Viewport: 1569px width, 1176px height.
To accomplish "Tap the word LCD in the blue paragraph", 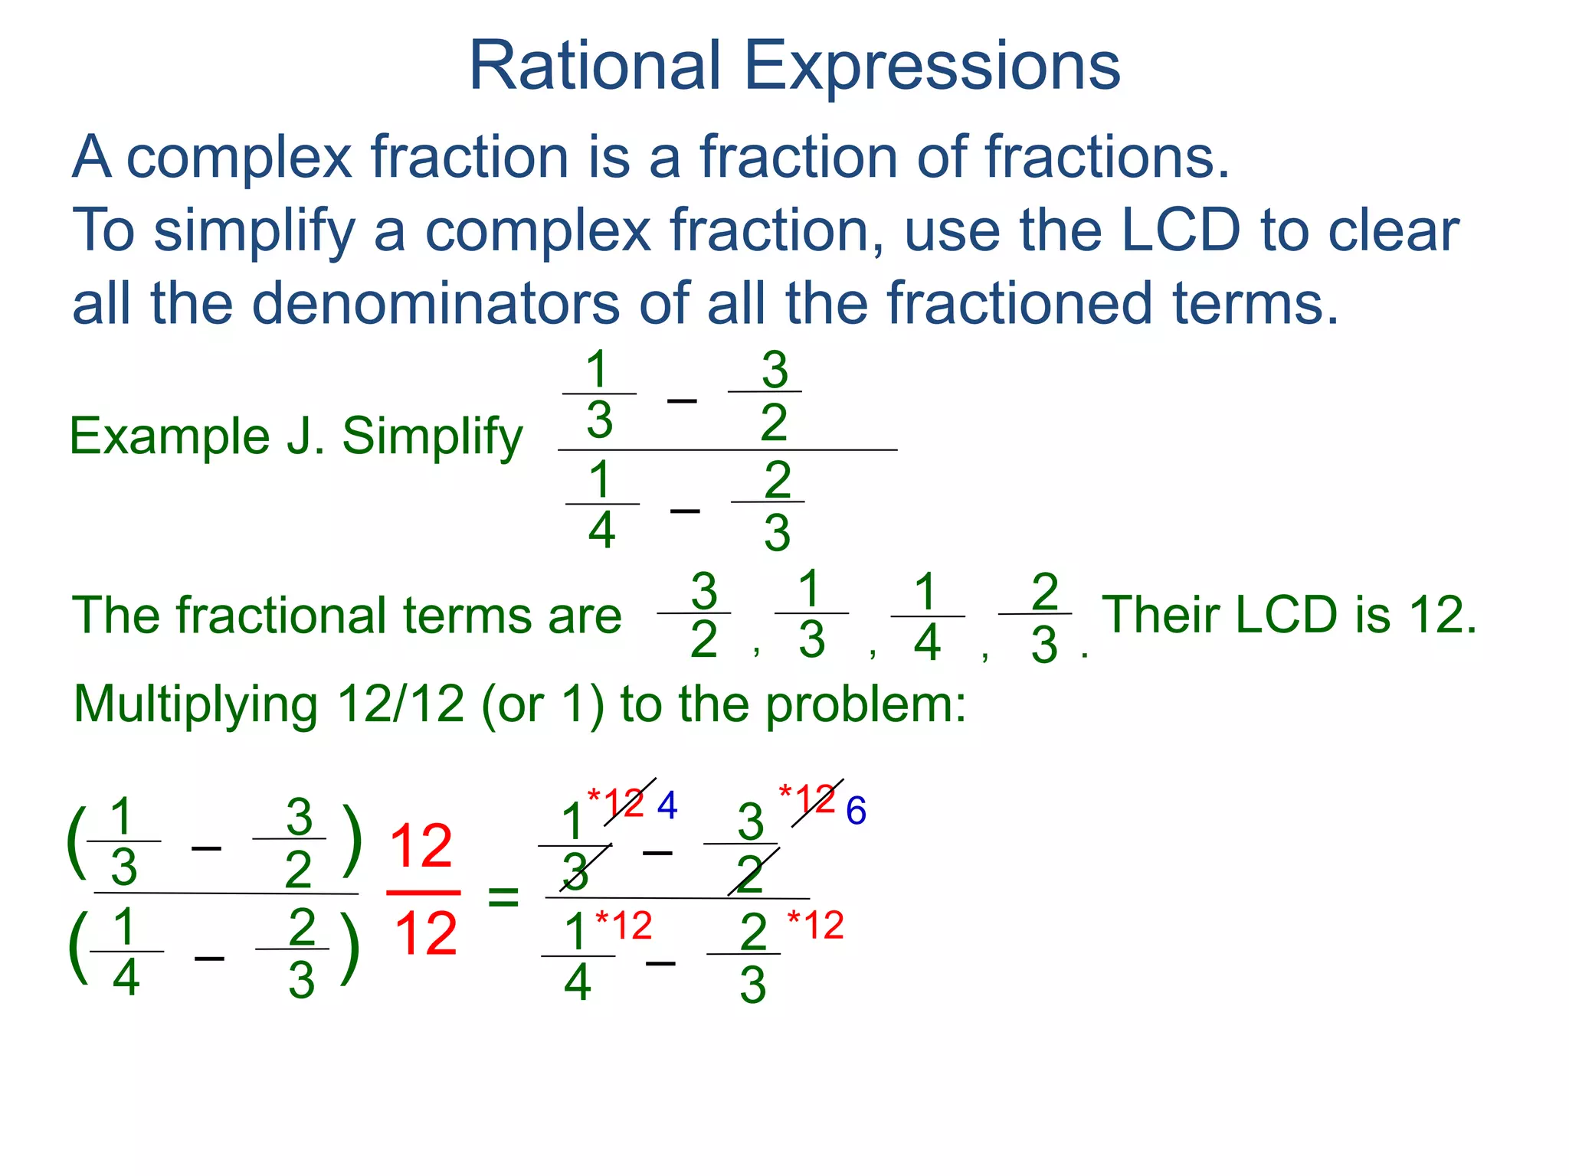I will [x=1180, y=230].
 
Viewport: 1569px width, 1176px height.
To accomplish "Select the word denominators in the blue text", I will [x=435, y=303].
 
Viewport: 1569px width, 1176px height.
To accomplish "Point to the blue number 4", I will [x=667, y=806].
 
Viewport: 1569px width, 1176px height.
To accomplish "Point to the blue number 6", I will [x=856, y=812].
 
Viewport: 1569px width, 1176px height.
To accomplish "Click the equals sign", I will [x=503, y=896].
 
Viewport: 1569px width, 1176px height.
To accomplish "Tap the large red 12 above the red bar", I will [x=421, y=847].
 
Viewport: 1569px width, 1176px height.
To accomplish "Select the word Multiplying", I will [x=195, y=705].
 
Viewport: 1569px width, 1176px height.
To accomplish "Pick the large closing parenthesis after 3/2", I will [x=352, y=841].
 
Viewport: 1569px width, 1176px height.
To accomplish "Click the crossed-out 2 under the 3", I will [x=750, y=874].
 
